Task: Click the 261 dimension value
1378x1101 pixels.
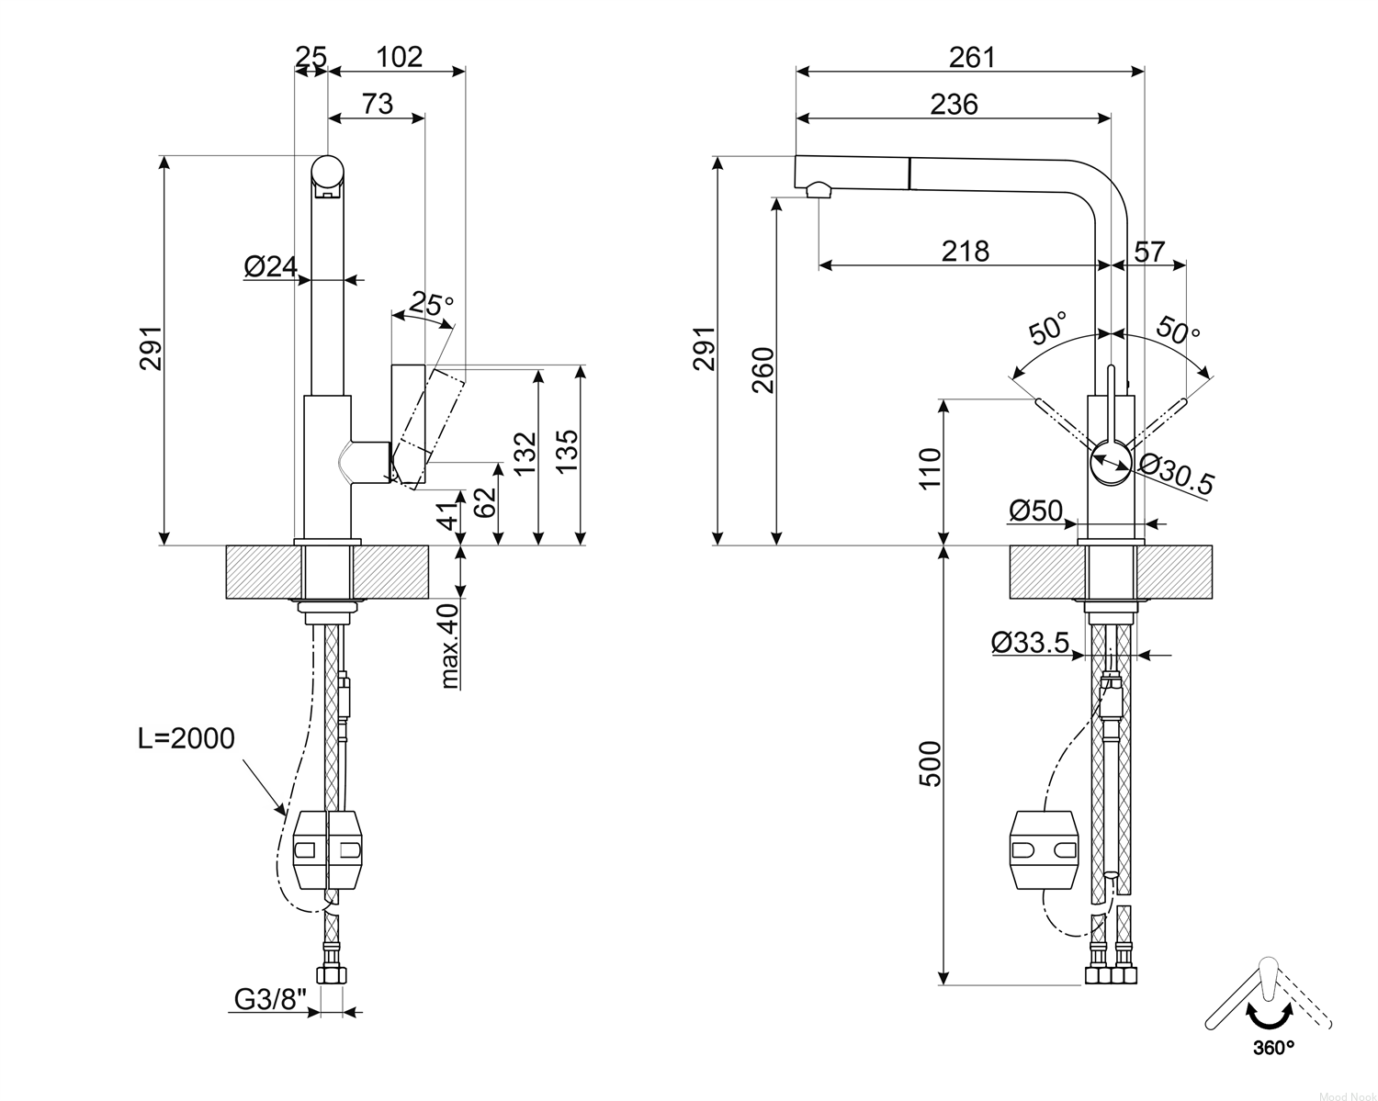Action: click(972, 58)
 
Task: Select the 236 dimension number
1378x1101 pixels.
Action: click(954, 105)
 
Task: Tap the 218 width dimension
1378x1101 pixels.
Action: click(965, 251)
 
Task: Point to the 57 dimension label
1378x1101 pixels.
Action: click(1149, 252)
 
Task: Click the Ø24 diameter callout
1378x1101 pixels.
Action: click(271, 266)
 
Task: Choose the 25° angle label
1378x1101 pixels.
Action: click(432, 304)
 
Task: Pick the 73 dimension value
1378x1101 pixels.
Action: click(378, 104)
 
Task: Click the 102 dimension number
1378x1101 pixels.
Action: click(400, 57)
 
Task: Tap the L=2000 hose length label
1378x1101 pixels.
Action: click(186, 738)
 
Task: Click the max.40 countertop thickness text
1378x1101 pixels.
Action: click(450, 646)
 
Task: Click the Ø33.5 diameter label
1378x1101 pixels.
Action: click(1031, 642)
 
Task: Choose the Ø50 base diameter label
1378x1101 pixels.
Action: click(1035, 511)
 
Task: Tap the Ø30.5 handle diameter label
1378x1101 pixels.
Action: click(1177, 475)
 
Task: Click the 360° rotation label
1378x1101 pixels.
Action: click(1273, 1048)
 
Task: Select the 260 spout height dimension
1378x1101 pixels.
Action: click(763, 371)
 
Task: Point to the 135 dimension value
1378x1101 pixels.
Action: click(567, 451)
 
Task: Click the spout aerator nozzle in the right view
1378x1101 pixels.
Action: click(819, 190)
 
